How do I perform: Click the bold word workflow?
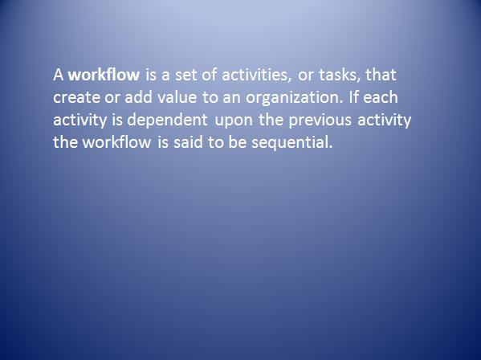104,75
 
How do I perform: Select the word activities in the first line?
256,76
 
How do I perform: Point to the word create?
76,97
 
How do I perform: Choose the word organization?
294,97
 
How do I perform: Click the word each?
381,97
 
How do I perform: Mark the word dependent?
167,120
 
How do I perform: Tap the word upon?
234,121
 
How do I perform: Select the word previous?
320,120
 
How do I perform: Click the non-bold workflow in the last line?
117,142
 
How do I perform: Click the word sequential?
291,143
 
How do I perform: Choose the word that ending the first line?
381,75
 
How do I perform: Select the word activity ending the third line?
384,120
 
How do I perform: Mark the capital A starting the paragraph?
59,75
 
